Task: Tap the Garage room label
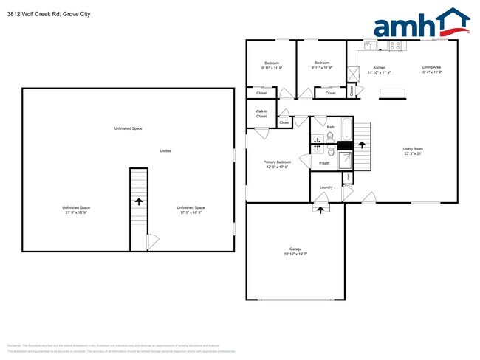coord(295,249)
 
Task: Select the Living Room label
coord(413,149)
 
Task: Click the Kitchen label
coord(379,68)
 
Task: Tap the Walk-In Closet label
coord(261,114)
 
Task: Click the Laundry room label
coord(326,187)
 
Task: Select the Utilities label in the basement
coord(166,150)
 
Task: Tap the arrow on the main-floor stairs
coord(362,144)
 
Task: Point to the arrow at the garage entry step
coord(320,209)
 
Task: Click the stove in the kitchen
coord(394,45)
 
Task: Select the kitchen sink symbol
coord(370,45)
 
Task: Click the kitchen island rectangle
coord(394,94)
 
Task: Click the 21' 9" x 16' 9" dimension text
coord(76,212)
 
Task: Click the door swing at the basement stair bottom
coord(151,240)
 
